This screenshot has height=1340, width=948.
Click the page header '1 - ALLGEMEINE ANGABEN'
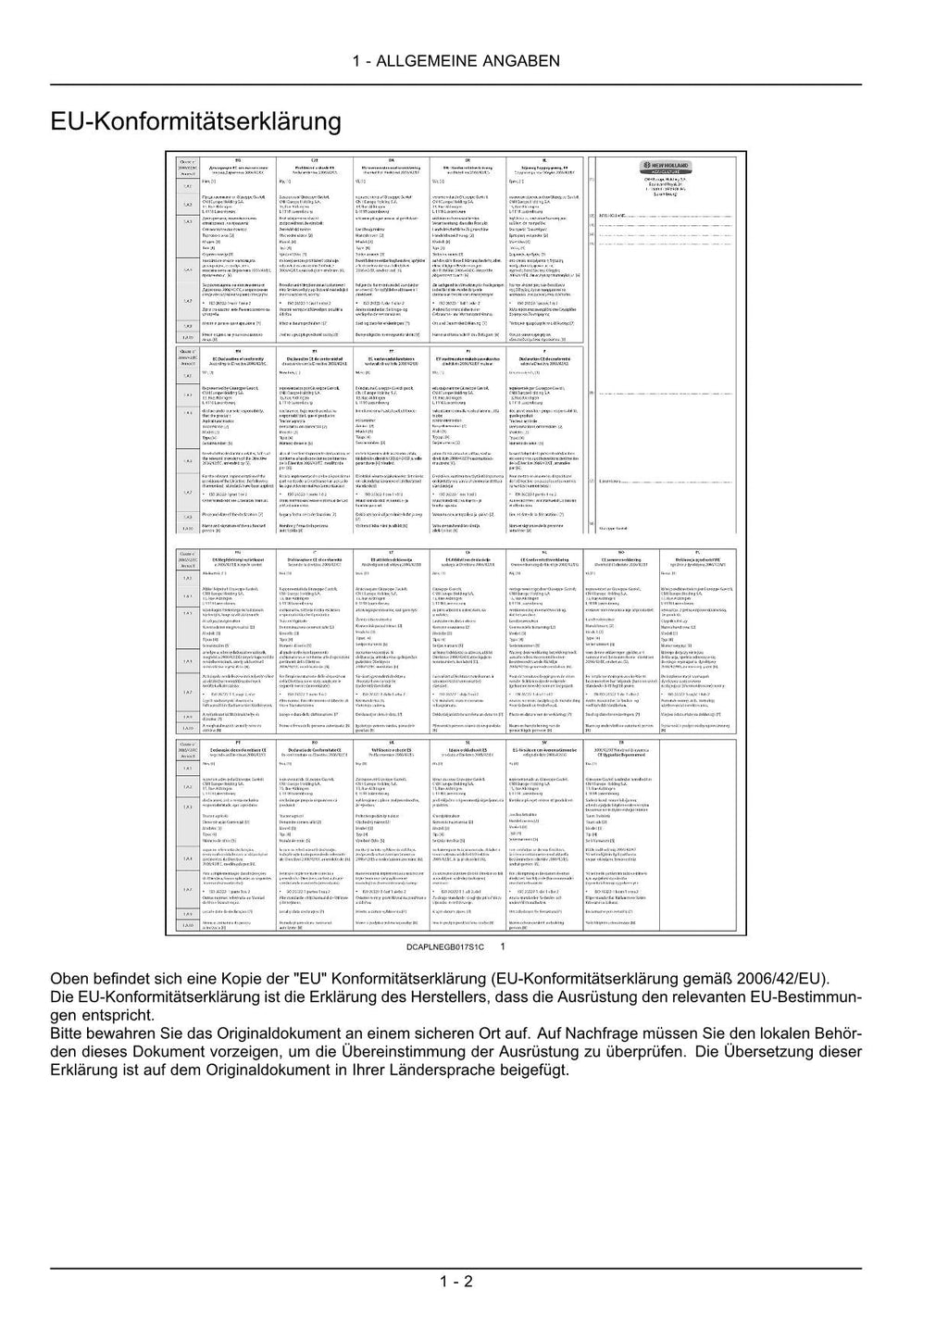tap(455, 61)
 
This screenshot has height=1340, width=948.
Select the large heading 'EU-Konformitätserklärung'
tap(196, 121)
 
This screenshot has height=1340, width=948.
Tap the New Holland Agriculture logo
tap(659, 167)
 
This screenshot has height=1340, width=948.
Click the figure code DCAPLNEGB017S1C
tap(445, 948)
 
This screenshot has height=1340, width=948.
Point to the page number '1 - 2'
tap(456, 1282)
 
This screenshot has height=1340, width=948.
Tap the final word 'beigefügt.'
tap(532, 1070)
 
